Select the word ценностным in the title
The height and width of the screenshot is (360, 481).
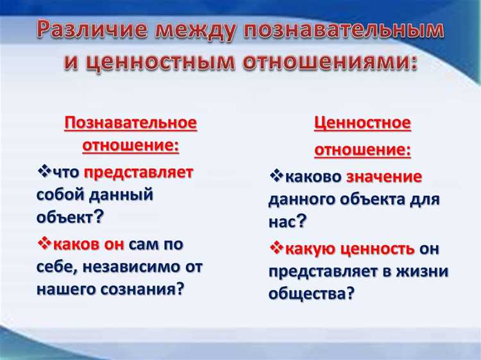coord(157,63)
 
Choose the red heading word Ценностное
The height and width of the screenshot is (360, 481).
coord(362,123)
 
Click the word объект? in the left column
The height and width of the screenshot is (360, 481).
coord(71,217)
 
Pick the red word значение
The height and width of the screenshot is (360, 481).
coord(384,176)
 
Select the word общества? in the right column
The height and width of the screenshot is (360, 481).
coord(312,294)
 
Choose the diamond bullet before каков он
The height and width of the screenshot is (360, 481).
coord(44,243)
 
